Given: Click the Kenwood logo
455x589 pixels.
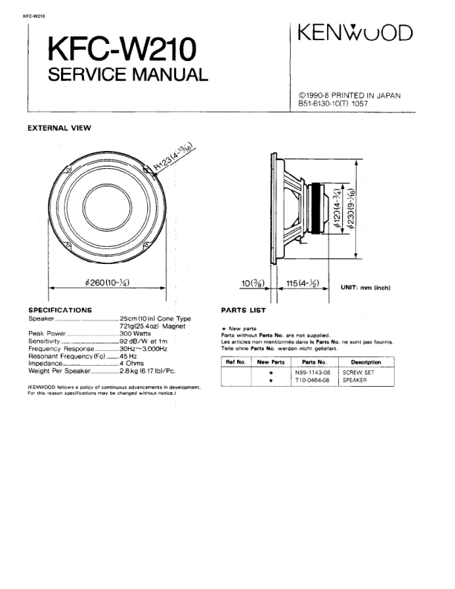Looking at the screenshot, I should [x=355, y=33].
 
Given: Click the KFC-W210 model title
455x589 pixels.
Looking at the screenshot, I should [x=123, y=51].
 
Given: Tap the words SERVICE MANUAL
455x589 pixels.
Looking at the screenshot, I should [x=127, y=75].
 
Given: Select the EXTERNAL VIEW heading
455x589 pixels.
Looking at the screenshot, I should [x=59, y=128].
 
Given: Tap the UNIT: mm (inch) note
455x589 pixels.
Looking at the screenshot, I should [x=365, y=287].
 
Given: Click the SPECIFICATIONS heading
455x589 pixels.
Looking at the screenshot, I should [x=59, y=309].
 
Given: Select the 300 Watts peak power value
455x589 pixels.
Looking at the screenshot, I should [x=135, y=333].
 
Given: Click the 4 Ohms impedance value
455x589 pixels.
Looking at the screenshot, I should [x=133, y=363].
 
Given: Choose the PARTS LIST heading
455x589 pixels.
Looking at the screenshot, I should [x=243, y=309].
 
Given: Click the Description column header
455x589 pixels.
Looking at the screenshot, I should [x=366, y=361].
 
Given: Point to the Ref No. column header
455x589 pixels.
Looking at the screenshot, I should [x=236, y=361].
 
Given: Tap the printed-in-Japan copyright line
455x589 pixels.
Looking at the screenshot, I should [x=349, y=95].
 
